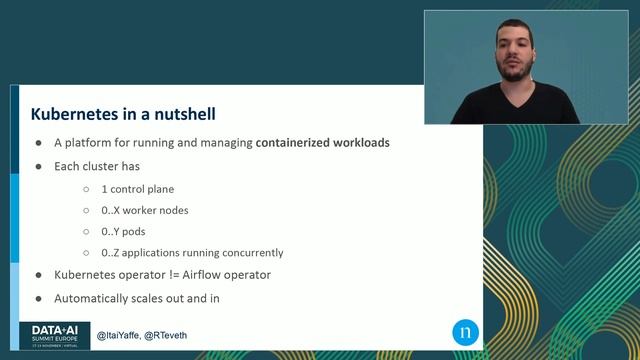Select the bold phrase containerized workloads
[x=322, y=143]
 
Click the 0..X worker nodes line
[x=144, y=210]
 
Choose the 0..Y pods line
[x=124, y=231]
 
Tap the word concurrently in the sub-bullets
[x=249, y=253]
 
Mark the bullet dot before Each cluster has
[x=39, y=165]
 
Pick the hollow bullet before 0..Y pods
[x=87, y=231]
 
